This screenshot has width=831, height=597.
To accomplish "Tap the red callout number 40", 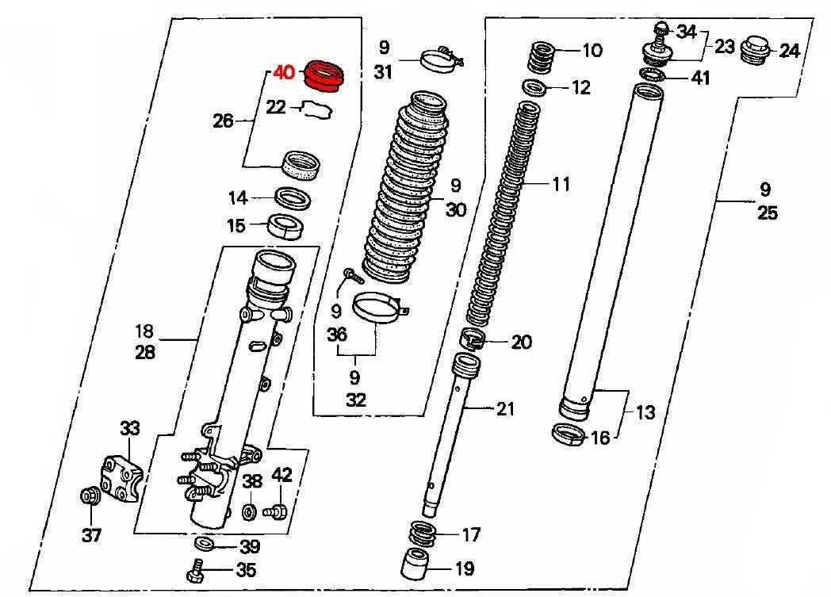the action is (x=284, y=71).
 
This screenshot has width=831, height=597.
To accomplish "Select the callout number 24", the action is (x=789, y=51).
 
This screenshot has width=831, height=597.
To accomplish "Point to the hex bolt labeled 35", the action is (x=197, y=570).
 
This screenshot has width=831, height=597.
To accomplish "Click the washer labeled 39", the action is (x=204, y=543).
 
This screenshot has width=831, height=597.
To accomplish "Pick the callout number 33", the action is (x=129, y=427).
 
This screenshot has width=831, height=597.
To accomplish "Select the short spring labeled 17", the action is (x=423, y=533).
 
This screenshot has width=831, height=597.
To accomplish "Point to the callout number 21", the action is (x=506, y=408).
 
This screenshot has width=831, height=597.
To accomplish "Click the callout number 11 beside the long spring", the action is (x=561, y=185).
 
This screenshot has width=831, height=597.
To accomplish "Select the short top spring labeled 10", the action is (x=542, y=57).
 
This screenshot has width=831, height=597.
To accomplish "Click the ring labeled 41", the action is (x=652, y=75).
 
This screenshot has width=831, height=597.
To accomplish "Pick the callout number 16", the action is (x=600, y=438).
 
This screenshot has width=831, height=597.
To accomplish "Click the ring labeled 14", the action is (x=293, y=199).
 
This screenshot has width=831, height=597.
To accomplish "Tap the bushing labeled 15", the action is (x=287, y=227).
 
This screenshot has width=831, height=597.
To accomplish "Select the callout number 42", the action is (x=281, y=475).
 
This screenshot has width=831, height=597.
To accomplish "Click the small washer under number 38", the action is (x=248, y=512).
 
